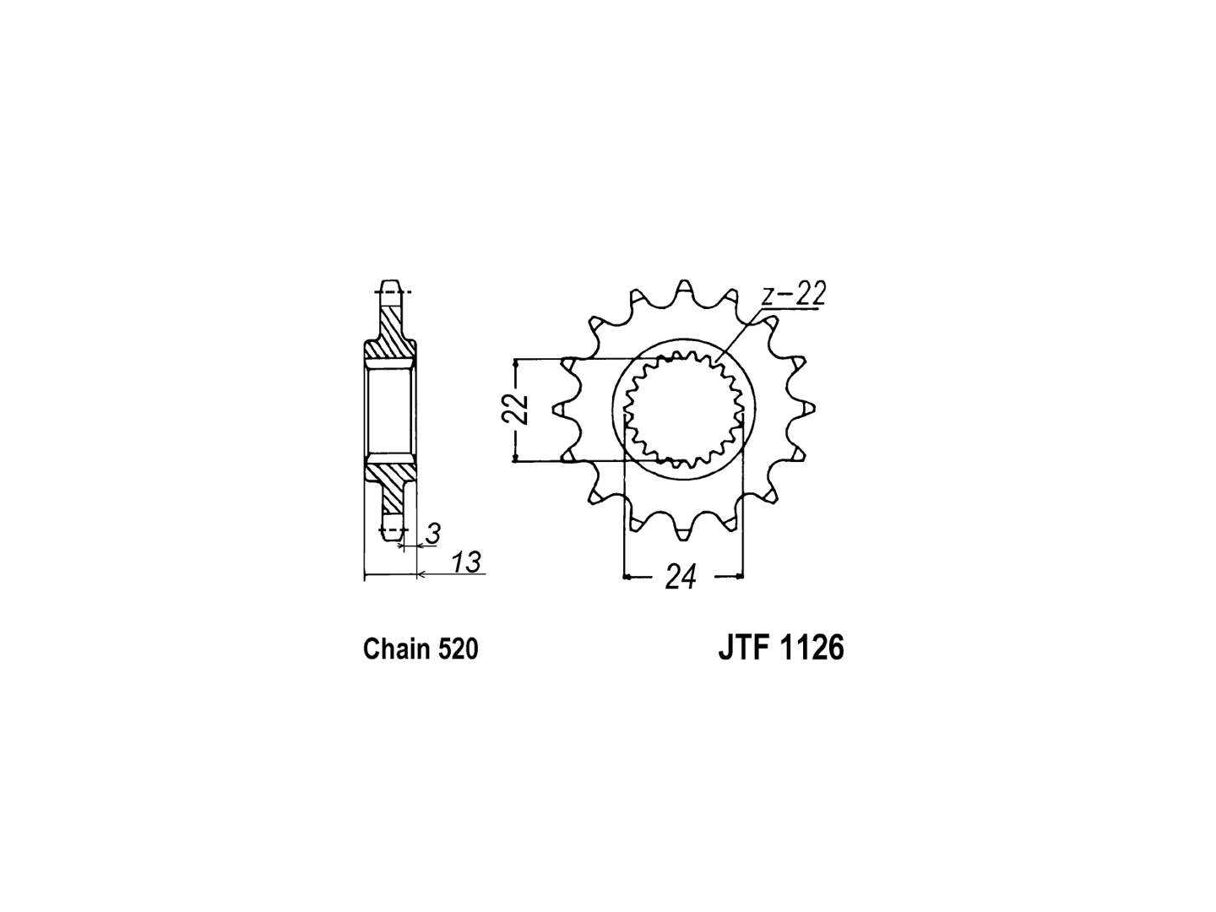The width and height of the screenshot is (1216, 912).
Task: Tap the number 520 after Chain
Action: pos(458,649)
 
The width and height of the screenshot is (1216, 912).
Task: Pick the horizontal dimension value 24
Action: pos(681,578)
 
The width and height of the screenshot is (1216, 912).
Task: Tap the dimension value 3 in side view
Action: pos(434,533)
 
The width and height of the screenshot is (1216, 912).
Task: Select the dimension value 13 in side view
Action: pos(466,562)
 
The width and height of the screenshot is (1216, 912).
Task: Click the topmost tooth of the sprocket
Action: pos(684,288)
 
